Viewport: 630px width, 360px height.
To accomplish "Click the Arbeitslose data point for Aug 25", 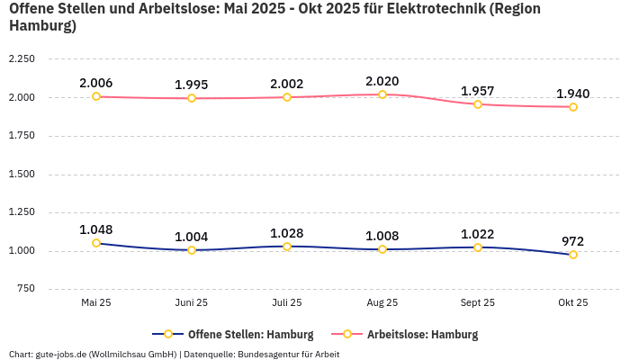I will tap(382, 94).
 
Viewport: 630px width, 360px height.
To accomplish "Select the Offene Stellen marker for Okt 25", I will tap(573, 255).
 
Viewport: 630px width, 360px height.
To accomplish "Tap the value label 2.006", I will tap(96, 83).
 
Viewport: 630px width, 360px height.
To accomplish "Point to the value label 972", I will tap(573, 241).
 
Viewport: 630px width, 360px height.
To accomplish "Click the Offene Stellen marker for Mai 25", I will tap(96, 243).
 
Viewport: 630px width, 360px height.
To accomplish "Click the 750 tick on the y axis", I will tap(25, 289).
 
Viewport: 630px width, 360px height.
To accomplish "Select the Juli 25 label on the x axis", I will tap(287, 303).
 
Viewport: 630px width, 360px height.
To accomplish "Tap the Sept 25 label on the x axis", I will tap(478, 303).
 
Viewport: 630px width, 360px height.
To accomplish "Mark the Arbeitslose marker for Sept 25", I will tap(478, 104).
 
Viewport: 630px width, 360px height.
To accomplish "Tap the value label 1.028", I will tap(287, 233).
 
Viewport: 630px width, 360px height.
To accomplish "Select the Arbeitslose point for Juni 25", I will tap(192, 98).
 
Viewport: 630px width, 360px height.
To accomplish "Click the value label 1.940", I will tap(573, 94).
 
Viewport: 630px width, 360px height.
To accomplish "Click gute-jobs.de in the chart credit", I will tap(60, 354).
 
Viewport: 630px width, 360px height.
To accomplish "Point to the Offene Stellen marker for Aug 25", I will tap(382, 249).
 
